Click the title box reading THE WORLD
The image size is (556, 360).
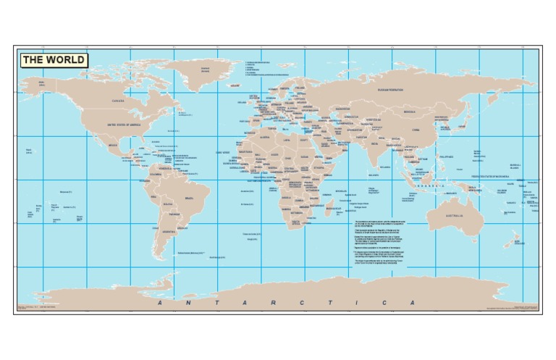pyautogui.click(x=54, y=60)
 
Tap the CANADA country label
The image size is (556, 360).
pyautogui.click(x=118, y=101)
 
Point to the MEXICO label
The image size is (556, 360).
pyautogui.click(x=113, y=145)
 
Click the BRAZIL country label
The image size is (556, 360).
pyautogui.click(x=190, y=198)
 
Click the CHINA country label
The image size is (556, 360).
pyautogui.click(x=415, y=130)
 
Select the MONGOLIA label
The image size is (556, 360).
pyautogui.click(x=409, y=112)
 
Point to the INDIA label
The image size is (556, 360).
pyautogui.click(x=375, y=143)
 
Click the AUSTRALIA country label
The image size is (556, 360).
pyautogui.click(x=454, y=216)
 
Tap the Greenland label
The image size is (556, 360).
pyautogui.click(x=205, y=70)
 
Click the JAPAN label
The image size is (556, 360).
pyautogui.click(x=462, y=126)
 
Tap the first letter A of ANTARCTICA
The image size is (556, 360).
pyautogui.click(x=161, y=302)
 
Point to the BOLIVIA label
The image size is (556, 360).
pyautogui.click(x=167, y=204)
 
